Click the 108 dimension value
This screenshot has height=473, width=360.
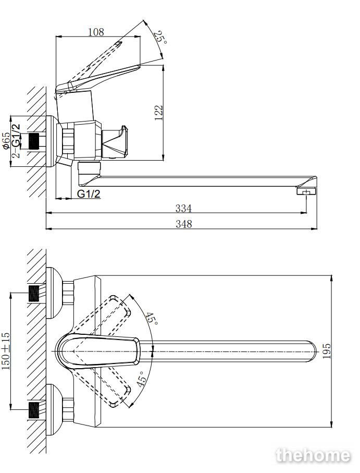[96, 32]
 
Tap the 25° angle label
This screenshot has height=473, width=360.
[160, 37]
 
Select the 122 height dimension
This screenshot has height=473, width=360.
[158, 113]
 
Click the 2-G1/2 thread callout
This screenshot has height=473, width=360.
[16, 141]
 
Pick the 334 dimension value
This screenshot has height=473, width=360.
[183, 208]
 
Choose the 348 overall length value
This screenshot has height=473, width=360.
[184, 224]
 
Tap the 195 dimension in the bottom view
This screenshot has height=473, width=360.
[326, 351]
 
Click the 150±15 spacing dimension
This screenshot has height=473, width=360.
[6, 351]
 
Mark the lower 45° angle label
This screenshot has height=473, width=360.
[142, 379]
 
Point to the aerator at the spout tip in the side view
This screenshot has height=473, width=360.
[307, 191]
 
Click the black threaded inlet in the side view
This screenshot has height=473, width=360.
[34, 141]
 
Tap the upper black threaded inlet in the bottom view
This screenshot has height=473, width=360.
[34, 293]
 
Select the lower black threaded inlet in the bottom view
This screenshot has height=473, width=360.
[34, 409]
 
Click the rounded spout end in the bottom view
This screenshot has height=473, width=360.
[312, 351]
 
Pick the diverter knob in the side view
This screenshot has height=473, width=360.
[115, 142]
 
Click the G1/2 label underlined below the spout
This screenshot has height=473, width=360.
[89, 193]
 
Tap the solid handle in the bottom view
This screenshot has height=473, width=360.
[98, 351]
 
